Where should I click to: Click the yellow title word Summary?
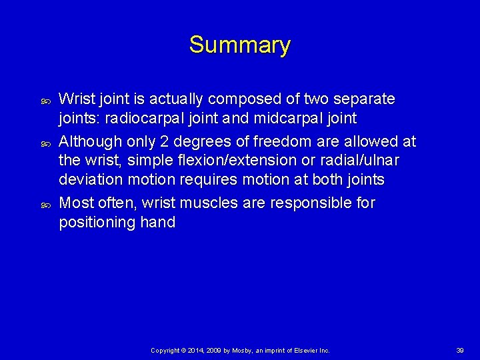239,45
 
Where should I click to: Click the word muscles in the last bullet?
221,202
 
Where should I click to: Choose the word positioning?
97,223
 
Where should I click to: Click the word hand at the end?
157,223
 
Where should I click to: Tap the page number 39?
460,350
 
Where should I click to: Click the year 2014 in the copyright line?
196,350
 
